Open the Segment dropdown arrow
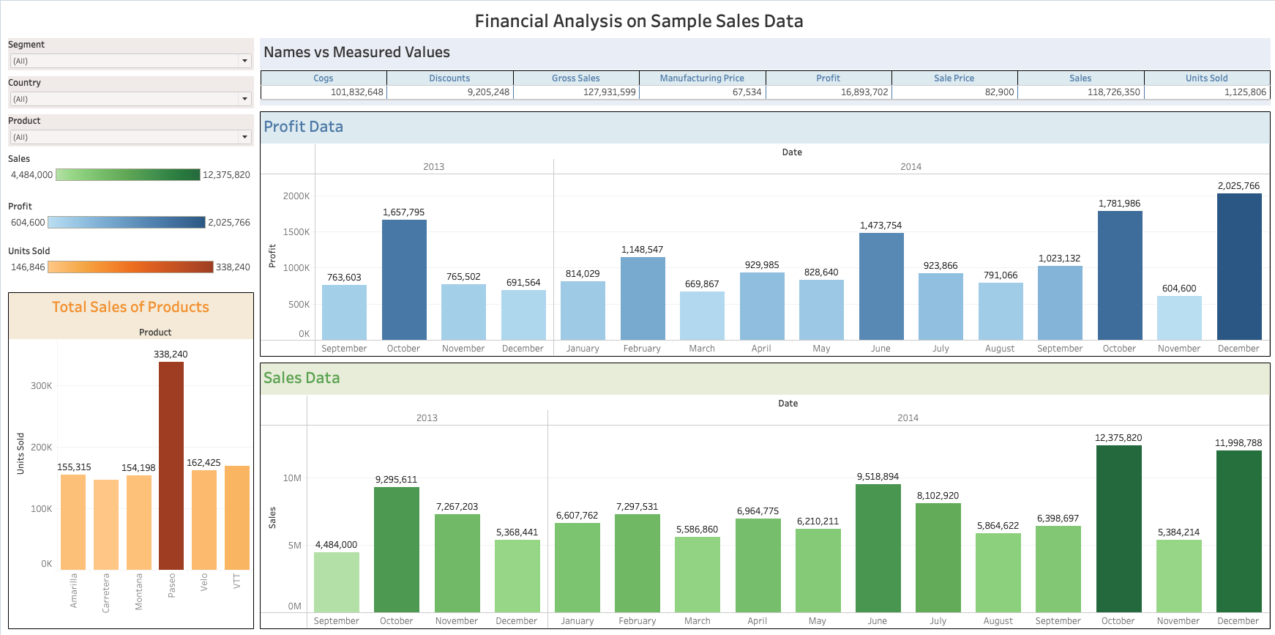pos(244,61)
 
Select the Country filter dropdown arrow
pos(244,99)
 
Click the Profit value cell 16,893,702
pos(864,92)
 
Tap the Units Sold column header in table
pos(1206,78)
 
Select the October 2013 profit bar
pos(404,279)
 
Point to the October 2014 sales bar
pos(1118,528)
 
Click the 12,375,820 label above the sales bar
pos(1118,438)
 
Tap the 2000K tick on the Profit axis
pos(296,196)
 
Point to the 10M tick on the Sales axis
pos(292,478)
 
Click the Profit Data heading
pos(303,127)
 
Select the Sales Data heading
pos(302,378)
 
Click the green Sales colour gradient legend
pos(127,175)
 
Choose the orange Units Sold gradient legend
pos(130,267)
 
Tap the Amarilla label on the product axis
pos(73,590)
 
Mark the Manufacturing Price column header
pos(702,78)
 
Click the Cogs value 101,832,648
pos(356,92)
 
